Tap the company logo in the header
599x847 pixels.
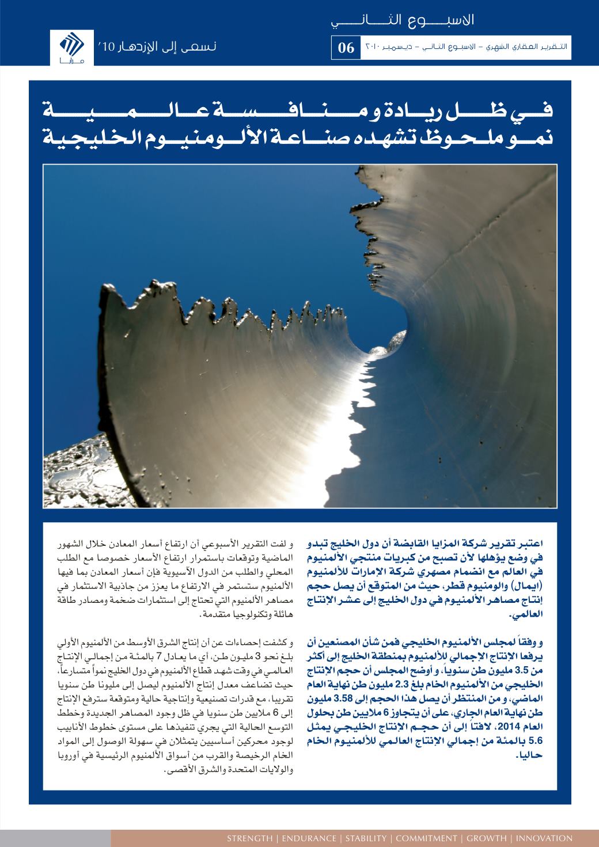(x=71, y=47)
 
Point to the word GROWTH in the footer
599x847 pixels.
(x=487, y=838)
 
